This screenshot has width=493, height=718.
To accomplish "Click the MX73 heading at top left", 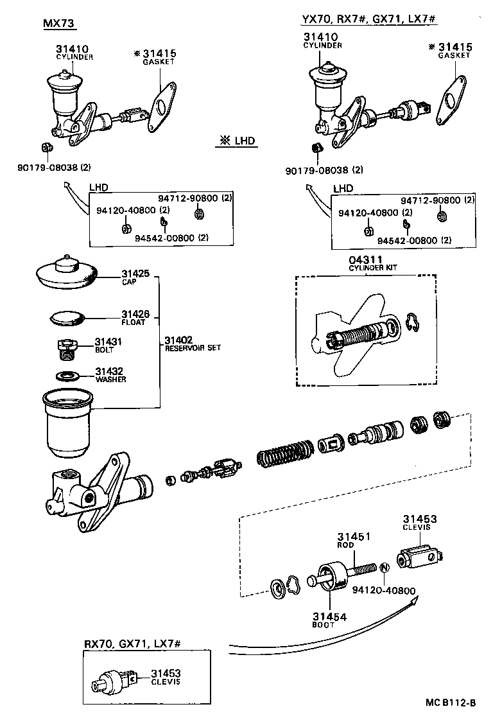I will click(x=58, y=24).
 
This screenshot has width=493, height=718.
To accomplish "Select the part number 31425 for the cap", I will click(x=135, y=273).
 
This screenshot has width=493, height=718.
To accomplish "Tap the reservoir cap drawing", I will click(x=66, y=271).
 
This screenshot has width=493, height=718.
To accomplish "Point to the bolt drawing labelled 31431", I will click(x=64, y=349).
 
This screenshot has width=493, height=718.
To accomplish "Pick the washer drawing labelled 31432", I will click(x=67, y=375).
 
